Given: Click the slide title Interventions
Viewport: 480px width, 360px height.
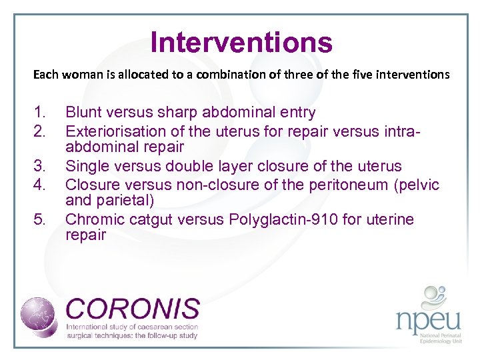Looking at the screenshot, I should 241,43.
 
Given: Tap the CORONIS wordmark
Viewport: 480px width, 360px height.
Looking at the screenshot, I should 133,309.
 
